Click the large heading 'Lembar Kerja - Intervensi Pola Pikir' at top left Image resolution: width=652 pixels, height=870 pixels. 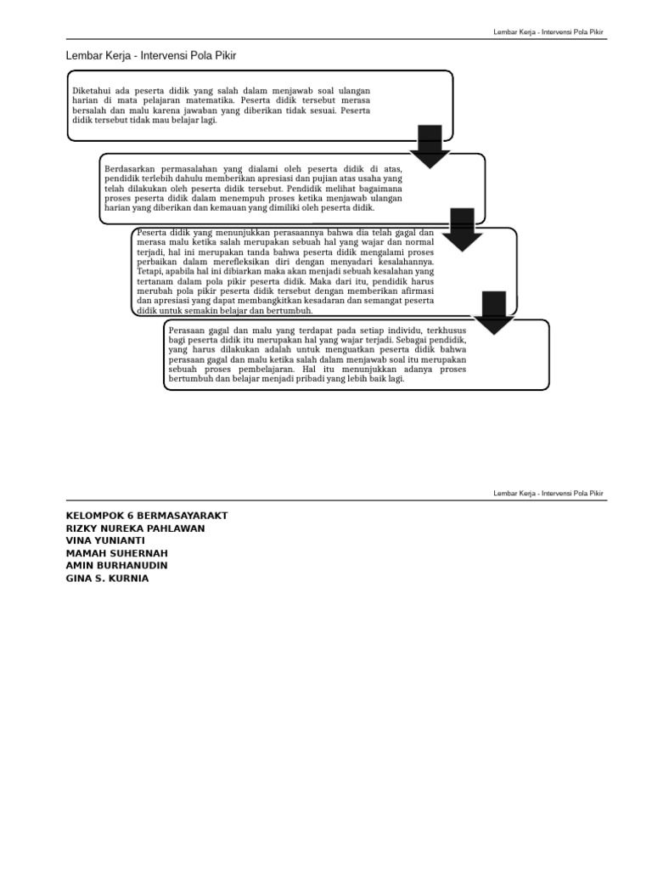coord(150,56)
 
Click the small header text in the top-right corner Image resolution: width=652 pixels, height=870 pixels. coord(549,32)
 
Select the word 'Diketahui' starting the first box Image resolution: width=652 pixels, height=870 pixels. coord(92,90)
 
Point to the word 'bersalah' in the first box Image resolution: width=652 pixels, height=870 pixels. coord(91,110)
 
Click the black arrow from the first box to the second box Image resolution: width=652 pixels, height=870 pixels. coord(430,146)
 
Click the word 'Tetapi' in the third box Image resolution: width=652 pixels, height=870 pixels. coord(149,273)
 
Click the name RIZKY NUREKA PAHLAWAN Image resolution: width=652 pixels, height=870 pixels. coord(135,528)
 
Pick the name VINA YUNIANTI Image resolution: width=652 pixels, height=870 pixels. coord(105,540)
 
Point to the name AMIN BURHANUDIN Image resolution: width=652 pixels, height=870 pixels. coord(116,566)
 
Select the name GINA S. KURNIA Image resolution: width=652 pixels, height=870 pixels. coord(107,579)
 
